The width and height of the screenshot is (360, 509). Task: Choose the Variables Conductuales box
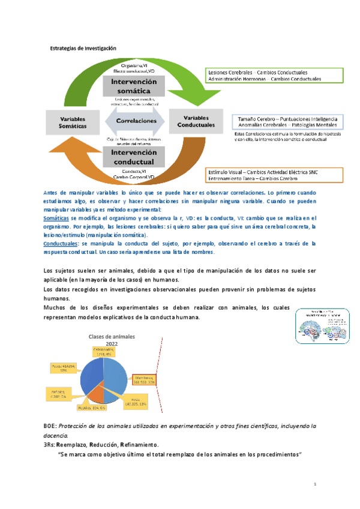click(x=199, y=121)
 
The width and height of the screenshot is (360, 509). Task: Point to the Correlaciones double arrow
click(x=133, y=121)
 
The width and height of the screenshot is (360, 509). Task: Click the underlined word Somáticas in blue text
click(x=56, y=219)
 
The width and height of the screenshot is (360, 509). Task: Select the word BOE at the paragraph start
click(x=50, y=425)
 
